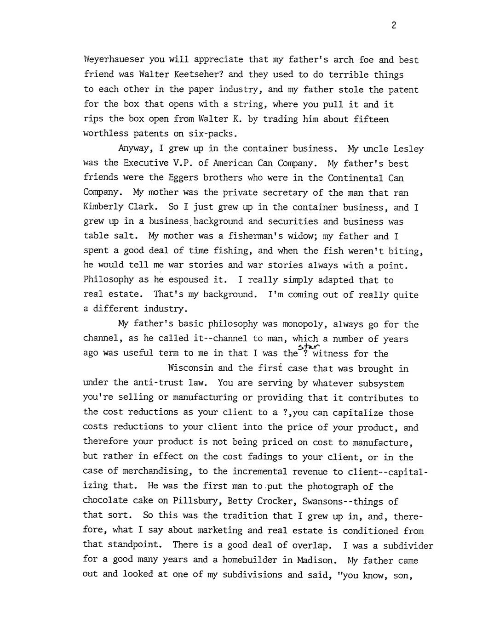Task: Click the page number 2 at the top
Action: coord(394,26)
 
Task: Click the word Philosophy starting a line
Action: coord(109,280)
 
